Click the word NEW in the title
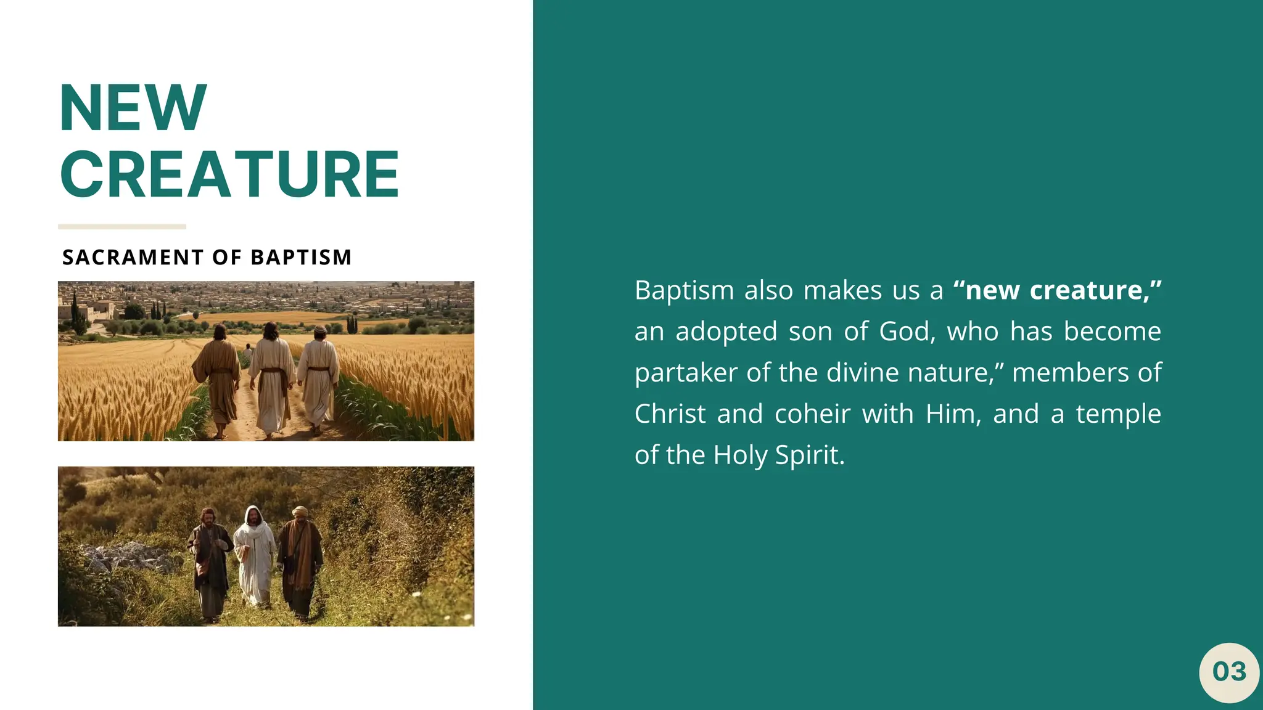[x=133, y=108]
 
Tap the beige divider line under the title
[x=122, y=227]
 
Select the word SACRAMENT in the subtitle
[x=133, y=257]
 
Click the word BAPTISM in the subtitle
[x=301, y=257]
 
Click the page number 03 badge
[x=1229, y=672]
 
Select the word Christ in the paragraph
[x=670, y=414]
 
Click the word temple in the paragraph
[x=1118, y=414]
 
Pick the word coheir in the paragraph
[x=812, y=414]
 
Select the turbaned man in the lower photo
[x=300, y=558]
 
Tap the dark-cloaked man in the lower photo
[x=210, y=561]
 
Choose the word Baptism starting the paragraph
[x=684, y=290]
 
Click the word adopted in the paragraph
[x=726, y=332]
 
